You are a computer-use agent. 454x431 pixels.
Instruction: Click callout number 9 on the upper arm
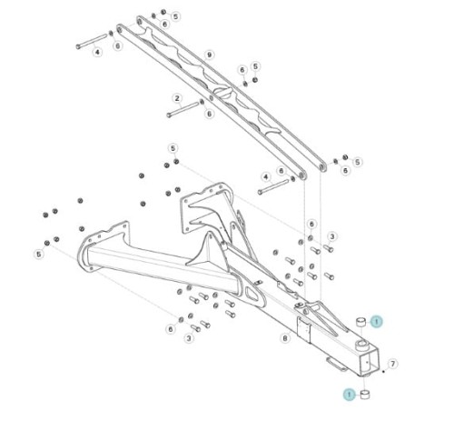coord(209,55)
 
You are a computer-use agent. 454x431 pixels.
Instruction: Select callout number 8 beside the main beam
coord(285,338)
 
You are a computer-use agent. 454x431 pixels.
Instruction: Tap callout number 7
coord(392,364)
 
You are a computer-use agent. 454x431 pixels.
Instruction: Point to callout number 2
coord(177,98)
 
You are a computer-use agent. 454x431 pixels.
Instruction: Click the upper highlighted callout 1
coord(376,322)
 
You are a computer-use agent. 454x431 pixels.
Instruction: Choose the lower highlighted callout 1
coord(350,395)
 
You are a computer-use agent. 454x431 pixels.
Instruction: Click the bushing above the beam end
coord(360,322)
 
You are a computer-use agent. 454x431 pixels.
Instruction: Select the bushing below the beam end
coord(366,395)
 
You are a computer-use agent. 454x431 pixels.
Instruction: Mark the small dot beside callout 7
coord(383,371)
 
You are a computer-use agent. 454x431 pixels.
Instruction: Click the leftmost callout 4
coord(97,52)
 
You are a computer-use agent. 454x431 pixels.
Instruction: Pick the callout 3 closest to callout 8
coord(189,338)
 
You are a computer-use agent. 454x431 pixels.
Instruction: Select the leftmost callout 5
coord(39,254)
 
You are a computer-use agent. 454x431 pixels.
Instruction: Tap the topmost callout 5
coord(175,16)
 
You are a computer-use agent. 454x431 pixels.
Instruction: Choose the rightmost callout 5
coord(358,162)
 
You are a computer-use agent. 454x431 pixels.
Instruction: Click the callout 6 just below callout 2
coord(209,114)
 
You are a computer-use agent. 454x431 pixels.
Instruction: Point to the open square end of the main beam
coord(369,362)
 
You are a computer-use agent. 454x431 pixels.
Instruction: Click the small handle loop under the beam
coord(337,365)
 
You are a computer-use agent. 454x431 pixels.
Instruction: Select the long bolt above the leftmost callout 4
coord(92,41)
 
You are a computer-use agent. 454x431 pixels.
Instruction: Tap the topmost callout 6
coord(164,24)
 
